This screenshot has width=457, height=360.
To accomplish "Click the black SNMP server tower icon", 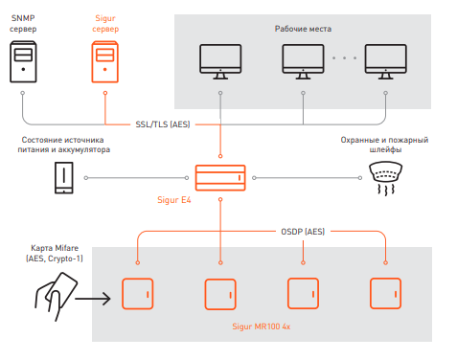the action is coord(23,61).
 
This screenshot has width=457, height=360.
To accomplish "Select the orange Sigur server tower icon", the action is coord(105,61).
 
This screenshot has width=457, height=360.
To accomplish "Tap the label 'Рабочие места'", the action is coord(303,29).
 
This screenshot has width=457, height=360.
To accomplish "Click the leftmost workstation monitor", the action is coord(220,61).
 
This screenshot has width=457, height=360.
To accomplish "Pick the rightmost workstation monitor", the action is coord(386,61).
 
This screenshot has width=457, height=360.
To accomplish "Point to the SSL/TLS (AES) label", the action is coord(163,124).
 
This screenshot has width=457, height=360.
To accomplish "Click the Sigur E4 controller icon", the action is coord(220,178).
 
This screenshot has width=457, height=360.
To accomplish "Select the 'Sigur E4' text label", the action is coord(174,200).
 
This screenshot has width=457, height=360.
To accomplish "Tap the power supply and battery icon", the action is coord(64,178).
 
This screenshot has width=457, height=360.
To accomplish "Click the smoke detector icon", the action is coord(386,178).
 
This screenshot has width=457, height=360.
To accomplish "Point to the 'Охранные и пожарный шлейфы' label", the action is coord(384,145).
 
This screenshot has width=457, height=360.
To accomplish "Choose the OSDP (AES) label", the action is coord(303,232).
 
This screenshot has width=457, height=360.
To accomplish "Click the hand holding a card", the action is coord(57,296).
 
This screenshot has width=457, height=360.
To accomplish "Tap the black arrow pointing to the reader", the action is coord(93,299).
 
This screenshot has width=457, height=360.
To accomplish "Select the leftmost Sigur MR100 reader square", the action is coord(138,294).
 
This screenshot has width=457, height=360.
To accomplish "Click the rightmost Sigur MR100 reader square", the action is coord(385,294).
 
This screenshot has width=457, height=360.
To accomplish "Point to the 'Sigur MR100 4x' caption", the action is coord(262,326).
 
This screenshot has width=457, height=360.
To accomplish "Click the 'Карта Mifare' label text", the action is coord(55,248).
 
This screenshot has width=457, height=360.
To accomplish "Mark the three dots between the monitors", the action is coord(344,58).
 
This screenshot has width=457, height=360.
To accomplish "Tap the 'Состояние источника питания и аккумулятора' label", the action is coord(64,145).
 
